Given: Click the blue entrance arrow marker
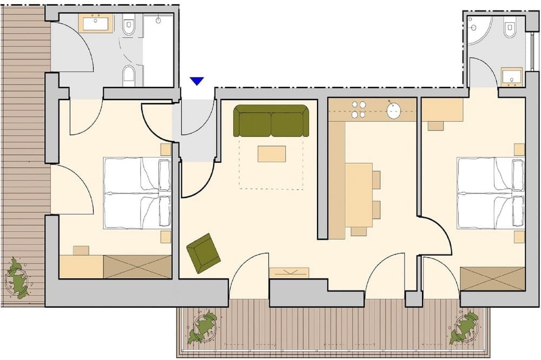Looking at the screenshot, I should coord(197,81).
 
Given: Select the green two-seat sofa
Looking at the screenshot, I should coord(271,121).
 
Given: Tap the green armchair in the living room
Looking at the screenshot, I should coord(203,253).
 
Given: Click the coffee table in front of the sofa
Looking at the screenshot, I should coord(272,154).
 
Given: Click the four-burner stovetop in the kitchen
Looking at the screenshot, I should coord(359,110).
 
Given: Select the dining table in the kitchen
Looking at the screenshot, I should coord(359,195).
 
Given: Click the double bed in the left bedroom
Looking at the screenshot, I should coord(137,193).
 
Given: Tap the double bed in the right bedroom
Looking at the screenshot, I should coord(491,193).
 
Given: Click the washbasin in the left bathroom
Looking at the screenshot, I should coord(96,23).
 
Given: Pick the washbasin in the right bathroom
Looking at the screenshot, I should coord(511,77).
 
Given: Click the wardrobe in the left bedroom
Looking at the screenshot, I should coord(137,267).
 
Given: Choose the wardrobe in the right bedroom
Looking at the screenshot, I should coord(492,279).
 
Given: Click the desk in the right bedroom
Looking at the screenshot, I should coord(442,110).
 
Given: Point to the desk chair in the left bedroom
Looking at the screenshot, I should coord(81,250).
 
